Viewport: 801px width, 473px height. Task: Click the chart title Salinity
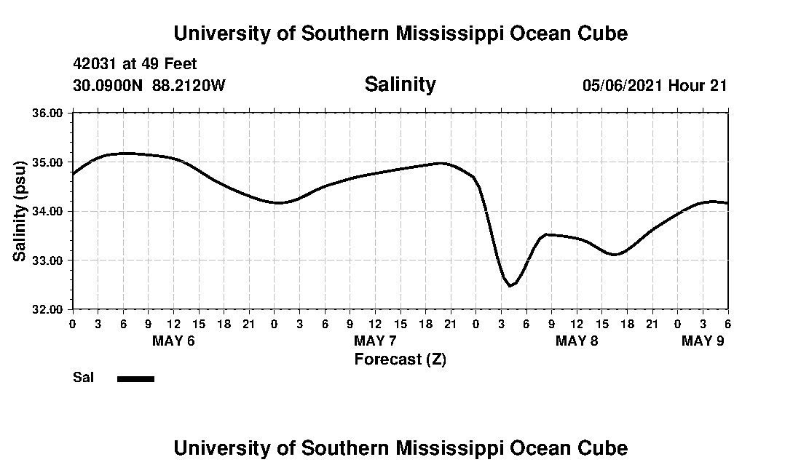pos(400,84)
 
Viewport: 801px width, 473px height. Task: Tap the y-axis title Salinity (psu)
pos(20,211)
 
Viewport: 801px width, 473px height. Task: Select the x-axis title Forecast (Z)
pos(400,359)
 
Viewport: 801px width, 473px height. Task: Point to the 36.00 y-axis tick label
pos(48,113)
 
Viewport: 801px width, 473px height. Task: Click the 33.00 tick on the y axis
pos(48,260)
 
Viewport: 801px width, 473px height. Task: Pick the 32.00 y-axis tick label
pos(48,309)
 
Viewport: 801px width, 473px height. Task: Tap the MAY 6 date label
pos(173,341)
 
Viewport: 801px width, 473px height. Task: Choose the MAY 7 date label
pos(375,341)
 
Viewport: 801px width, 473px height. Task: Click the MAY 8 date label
pos(577,341)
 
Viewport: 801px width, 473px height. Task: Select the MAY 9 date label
pos(703,341)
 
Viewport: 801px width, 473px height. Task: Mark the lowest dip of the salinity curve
pos(510,286)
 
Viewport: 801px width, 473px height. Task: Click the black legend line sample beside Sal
pos(135,378)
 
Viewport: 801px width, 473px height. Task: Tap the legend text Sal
pos(82,378)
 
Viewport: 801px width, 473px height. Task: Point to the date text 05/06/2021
pos(622,85)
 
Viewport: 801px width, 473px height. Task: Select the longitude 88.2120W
pos(189,85)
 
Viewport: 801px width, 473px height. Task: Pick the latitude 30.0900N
pos(109,85)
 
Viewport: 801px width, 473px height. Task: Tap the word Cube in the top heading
pos(602,33)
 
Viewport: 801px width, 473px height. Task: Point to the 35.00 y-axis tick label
pos(48,162)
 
